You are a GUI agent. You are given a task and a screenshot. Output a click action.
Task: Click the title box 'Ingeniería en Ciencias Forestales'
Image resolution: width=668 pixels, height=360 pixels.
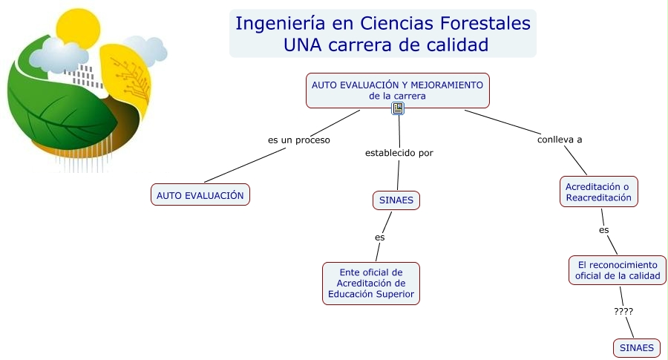(x=382, y=33)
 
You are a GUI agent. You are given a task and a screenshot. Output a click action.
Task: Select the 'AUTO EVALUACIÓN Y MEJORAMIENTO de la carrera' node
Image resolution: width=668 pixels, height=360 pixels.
(x=398, y=91)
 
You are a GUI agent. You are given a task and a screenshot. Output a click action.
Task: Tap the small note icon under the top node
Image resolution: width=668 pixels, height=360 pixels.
(x=398, y=108)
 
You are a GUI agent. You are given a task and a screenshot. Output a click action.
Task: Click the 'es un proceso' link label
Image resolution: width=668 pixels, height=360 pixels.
(x=298, y=140)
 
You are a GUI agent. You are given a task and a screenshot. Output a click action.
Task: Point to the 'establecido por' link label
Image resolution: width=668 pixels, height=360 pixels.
(x=399, y=153)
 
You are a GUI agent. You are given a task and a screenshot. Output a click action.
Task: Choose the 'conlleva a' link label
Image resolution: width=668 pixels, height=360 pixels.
(x=560, y=140)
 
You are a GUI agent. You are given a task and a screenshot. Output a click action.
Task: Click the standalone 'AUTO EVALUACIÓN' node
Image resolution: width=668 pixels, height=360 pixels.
(x=200, y=195)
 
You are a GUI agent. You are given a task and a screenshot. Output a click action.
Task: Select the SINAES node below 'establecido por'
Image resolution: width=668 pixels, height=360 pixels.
(x=396, y=200)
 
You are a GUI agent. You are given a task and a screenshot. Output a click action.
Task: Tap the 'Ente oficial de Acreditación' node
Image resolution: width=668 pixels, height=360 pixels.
(x=371, y=284)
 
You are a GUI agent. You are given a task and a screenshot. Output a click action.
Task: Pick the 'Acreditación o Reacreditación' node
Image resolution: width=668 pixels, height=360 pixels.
(x=598, y=192)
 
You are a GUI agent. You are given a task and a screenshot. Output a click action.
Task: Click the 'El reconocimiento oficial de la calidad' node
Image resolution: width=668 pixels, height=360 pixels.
(x=618, y=270)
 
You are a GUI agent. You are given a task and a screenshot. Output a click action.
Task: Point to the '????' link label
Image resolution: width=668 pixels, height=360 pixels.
(x=623, y=312)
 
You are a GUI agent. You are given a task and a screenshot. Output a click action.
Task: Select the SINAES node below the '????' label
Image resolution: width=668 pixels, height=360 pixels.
(x=637, y=347)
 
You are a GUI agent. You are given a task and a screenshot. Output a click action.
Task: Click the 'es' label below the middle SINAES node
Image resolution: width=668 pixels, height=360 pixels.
(x=379, y=238)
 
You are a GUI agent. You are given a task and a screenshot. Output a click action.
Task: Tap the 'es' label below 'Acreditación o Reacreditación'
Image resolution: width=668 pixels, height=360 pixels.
(x=603, y=230)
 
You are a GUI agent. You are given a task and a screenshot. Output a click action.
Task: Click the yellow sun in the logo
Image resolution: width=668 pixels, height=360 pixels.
(x=78, y=27)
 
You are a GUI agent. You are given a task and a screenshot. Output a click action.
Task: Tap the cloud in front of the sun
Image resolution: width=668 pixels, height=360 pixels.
(x=59, y=56)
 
